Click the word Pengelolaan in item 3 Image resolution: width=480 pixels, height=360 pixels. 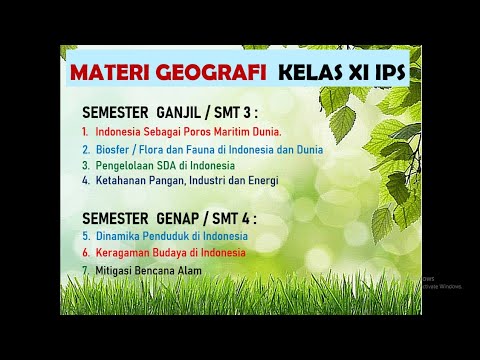pyautogui.click(x=127, y=165)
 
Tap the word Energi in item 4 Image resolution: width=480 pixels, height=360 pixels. pyautogui.click(x=262, y=181)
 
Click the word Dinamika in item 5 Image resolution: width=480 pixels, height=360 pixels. pyautogui.click(x=118, y=236)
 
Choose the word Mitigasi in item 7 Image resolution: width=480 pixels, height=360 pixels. pyautogui.click(x=115, y=270)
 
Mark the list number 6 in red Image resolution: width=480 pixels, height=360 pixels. pyautogui.click(x=86, y=253)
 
